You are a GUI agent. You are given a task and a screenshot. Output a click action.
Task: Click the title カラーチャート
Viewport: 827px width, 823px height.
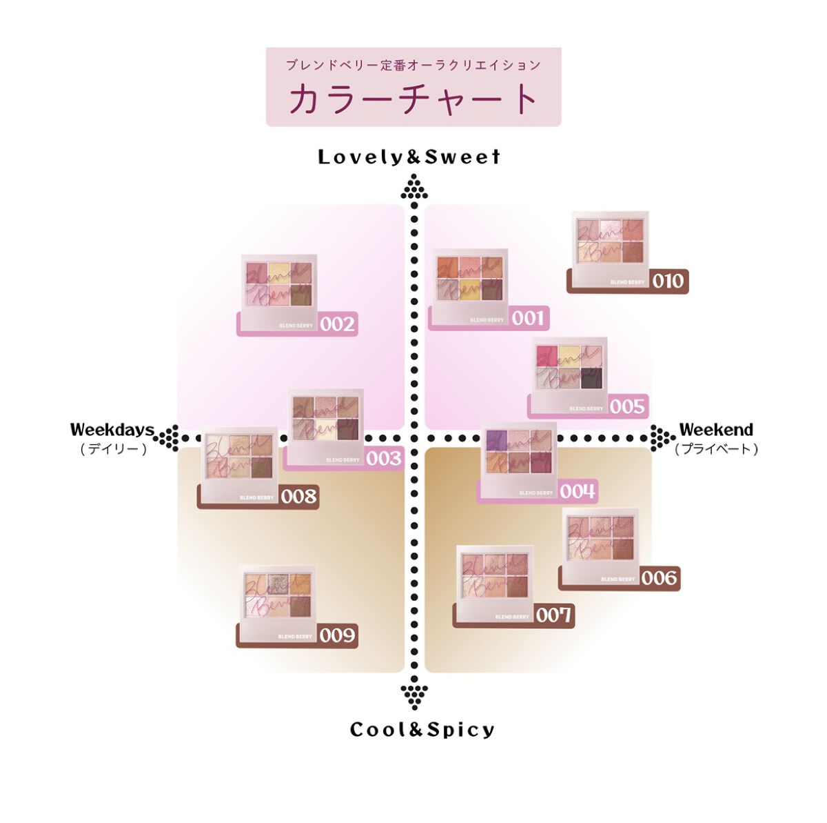(413, 99)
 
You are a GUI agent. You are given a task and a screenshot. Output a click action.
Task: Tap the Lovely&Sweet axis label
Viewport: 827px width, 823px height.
(409, 157)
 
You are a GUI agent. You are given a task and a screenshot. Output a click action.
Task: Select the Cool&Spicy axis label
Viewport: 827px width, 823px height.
(422, 730)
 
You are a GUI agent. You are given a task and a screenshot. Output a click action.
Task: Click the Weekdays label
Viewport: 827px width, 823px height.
(112, 430)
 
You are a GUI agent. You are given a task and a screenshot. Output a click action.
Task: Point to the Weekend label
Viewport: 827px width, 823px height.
(716, 430)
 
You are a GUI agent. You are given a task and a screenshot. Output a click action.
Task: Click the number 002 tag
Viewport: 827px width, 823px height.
(337, 324)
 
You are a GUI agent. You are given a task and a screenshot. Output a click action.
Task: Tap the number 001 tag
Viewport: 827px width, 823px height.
(529, 318)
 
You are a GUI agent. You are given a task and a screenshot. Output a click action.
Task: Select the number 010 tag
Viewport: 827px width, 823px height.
(668, 281)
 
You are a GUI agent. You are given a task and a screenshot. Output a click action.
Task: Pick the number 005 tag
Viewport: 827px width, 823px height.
(626, 406)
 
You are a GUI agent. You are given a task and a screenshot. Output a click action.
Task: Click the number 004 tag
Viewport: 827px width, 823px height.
(578, 491)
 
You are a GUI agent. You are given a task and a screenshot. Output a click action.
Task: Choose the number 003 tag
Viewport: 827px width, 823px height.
(383, 458)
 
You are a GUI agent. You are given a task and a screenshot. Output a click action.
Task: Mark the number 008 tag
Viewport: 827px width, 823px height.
(298, 496)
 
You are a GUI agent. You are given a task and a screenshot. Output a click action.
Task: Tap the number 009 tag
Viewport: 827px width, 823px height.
(337, 635)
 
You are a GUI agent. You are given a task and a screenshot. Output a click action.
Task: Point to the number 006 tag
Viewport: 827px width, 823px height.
(660, 578)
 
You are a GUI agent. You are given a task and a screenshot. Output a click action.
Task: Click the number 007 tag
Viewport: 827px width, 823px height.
(554, 615)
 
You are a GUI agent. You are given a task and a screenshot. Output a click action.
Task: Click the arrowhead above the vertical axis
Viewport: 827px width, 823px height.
(414, 187)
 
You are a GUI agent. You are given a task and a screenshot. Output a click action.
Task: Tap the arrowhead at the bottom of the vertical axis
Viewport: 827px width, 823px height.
(414, 693)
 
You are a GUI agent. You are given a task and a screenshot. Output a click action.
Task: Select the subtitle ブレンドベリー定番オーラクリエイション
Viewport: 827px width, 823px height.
(413, 66)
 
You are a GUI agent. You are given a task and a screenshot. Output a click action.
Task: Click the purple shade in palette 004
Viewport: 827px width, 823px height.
(496, 439)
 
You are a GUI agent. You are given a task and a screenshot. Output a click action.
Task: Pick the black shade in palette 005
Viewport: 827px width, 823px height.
(591, 378)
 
